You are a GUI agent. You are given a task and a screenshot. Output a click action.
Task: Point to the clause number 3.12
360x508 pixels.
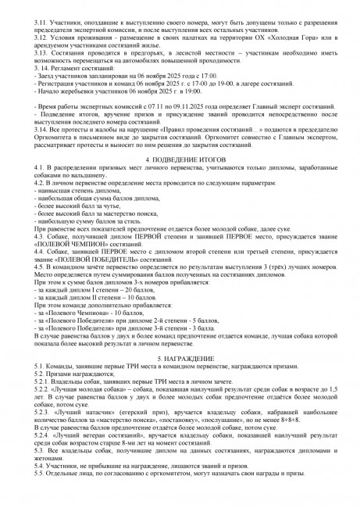click(x=34, y=35)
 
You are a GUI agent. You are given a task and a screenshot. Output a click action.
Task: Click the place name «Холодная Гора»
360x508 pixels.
click(x=290, y=35)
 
